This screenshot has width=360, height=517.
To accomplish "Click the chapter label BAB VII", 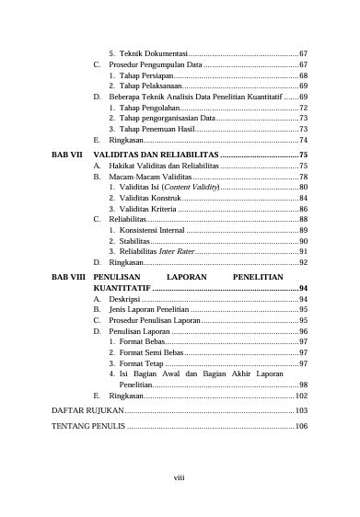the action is point(67,155).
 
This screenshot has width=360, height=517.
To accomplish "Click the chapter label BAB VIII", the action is point(68,275).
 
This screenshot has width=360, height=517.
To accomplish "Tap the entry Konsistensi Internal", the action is point(158,230).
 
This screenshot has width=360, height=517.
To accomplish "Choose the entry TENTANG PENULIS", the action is point(88,428).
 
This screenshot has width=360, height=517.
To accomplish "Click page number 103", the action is point(300,409).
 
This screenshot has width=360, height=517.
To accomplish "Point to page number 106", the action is point(300,428).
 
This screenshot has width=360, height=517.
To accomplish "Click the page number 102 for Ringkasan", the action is point(300,395).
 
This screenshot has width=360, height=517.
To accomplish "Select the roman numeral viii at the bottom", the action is point(180,476).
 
